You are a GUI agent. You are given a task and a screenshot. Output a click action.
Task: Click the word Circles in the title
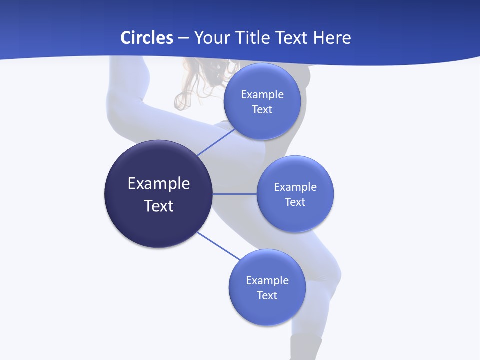tap(146, 38)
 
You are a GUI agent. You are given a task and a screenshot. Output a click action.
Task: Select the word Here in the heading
tap(332, 38)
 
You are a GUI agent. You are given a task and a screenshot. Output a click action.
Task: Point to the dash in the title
tap(183, 38)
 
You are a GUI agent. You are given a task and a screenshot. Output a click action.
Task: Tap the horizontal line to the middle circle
tap(234, 193)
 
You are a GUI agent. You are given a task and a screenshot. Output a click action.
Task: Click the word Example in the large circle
tap(159, 184)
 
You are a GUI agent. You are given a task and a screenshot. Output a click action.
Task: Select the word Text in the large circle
tap(159, 206)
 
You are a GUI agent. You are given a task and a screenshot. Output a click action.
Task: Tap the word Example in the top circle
tap(262, 95)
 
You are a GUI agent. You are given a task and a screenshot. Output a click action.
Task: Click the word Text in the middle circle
tap(295, 202)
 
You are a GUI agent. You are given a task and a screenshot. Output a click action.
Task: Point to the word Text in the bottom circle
tap(267, 296)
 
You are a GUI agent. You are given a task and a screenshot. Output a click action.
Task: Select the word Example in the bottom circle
tap(267, 281)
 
